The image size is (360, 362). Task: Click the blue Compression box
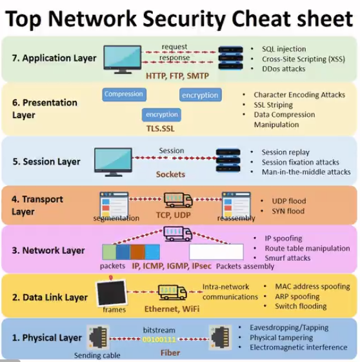click(124, 94)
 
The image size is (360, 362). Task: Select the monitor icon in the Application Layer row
click(123, 59)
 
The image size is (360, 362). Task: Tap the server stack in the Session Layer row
click(228, 160)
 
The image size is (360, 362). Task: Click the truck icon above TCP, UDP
click(178, 200)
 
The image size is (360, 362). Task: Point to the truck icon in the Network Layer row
click(177, 234)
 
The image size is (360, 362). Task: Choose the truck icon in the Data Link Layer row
click(172, 292)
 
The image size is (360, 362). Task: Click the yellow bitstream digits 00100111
click(159, 339)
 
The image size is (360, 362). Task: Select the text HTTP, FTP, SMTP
click(177, 76)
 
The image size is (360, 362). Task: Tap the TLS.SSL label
click(161, 128)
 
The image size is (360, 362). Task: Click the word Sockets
click(170, 174)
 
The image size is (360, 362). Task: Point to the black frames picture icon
click(112, 292)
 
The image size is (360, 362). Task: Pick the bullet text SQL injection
click(284, 49)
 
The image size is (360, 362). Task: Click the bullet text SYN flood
click(288, 211)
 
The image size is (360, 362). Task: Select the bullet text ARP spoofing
click(297, 296)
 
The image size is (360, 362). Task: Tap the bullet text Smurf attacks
click(288, 258)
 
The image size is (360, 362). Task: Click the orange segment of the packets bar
click(137, 252)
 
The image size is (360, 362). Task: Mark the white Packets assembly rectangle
click(216, 252)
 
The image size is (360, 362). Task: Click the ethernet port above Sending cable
click(98, 337)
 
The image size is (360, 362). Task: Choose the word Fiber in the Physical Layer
click(170, 353)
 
